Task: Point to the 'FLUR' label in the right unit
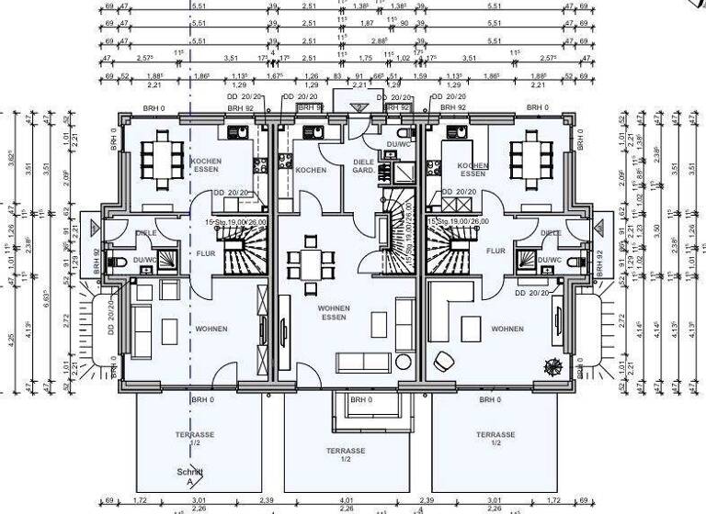click(496, 251)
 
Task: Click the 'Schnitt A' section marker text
click(190, 475)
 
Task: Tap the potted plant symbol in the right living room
click(553, 365)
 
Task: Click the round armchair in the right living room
click(443, 360)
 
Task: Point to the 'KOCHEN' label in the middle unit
click(311, 171)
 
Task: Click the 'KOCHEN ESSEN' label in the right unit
click(472, 169)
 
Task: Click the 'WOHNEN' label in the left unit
click(211, 329)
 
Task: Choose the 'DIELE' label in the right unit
click(551, 233)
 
